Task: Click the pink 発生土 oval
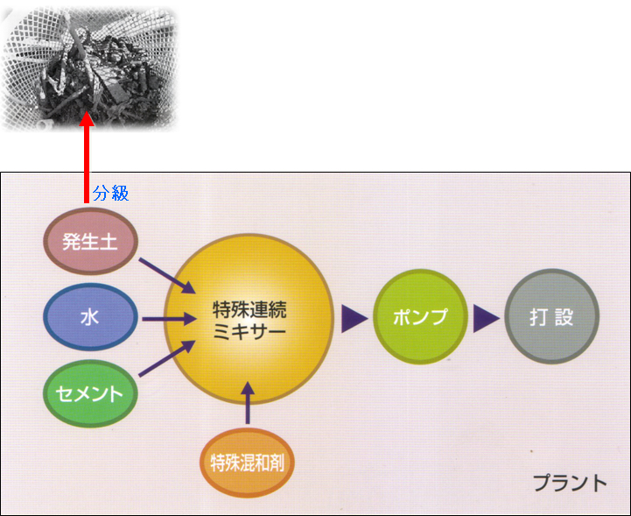pyautogui.click(x=90, y=241)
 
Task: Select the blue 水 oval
pyautogui.click(x=90, y=317)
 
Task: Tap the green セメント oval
pyautogui.click(x=90, y=393)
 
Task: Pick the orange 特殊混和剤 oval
pyautogui.click(x=247, y=463)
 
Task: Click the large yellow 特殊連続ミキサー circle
pyautogui.click(x=249, y=319)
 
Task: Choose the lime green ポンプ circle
pyautogui.click(x=420, y=316)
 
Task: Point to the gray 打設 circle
pyautogui.click(x=551, y=316)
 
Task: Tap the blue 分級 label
pyautogui.click(x=110, y=194)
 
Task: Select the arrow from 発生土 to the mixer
pyautogui.click(x=167, y=276)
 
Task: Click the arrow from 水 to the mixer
pyautogui.click(x=169, y=319)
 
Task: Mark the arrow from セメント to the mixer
pyautogui.click(x=167, y=358)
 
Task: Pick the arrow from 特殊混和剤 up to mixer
pyautogui.click(x=248, y=403)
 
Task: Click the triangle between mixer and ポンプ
pyautogui.click(x=354, y=319)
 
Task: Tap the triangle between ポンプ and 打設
pyautogui.click(x=486, y=319)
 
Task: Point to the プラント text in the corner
pyautogui.click(x=571, y=483)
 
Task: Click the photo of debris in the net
pyautogui.click(x=89, y=68)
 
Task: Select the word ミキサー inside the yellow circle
pyautogui.click(x=249, y=331)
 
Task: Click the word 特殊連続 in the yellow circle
pyautogui.click(x=249, y=309)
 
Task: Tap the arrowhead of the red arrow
pyautogui.click(x=87, y=119)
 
